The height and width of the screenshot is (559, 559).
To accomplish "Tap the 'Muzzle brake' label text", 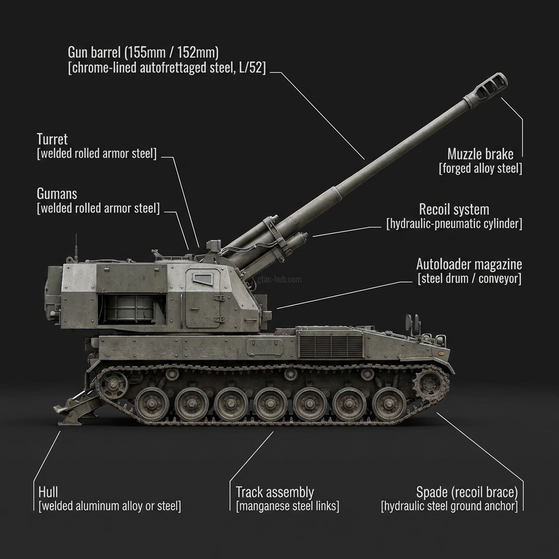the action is (480, 154).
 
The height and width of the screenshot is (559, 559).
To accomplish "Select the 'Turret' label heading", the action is (52, 139).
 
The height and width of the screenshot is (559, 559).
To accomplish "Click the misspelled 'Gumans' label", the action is (57, 194).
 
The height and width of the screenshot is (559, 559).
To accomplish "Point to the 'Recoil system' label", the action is (454, 209).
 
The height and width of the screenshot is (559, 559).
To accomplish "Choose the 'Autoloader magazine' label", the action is (469, 264).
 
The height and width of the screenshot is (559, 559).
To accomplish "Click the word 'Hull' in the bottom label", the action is (48, 492).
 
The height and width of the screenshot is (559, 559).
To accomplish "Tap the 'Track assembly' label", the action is (275, 492).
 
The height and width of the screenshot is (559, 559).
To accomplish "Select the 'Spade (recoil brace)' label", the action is (467, 492).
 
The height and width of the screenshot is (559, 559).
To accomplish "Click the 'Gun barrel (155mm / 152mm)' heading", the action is (144, 52).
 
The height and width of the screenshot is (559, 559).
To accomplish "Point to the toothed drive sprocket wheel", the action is (430, 384).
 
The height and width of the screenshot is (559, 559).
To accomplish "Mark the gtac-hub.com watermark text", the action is (279, 279).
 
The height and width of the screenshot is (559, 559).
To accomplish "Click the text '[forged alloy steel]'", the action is (480, 168).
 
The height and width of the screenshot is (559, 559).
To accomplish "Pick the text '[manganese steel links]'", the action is (287, 506).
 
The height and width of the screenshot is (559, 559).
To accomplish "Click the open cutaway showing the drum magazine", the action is (132, 309).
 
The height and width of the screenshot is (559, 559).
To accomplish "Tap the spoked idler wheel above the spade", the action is (113, 384).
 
